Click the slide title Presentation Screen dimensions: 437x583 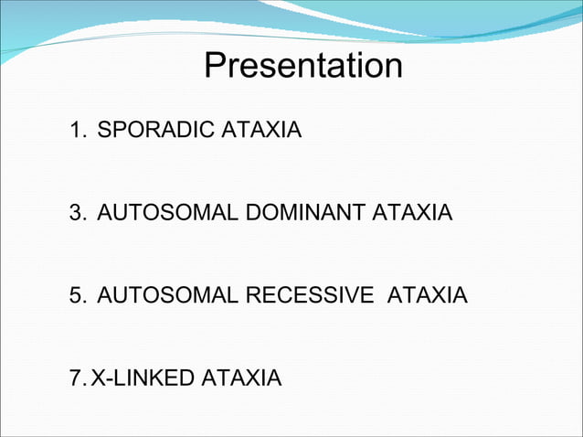click(x=302, y=67)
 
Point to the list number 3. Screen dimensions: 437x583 click(x=76, y=214)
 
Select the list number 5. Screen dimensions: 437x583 click(x=76, y=296)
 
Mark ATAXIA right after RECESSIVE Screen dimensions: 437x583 click(x=429, y=296)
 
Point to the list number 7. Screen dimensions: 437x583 click(x=76, y=378)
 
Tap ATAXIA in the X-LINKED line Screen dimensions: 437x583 click(x=241, y=378)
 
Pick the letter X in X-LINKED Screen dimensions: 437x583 click(x=97, y=378)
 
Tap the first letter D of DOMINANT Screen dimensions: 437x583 click(x=251, y=214)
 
